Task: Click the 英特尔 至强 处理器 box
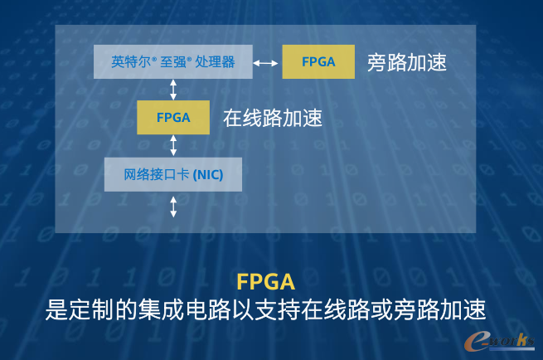tap(173, 61)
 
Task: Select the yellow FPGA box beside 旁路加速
tap(318, 61)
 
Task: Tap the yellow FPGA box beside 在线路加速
tap(173, 118)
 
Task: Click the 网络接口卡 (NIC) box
tap(173, 175)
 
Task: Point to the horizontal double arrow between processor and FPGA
tap(265, 63)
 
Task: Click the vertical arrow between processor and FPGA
tap(173, 90)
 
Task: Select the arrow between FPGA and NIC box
tap(173, 145)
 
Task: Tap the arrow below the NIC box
tap(173, 207)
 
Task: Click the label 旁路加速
tap(407, 63)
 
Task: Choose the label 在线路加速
tap(273, 118)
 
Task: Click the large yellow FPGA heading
tap(266, 282)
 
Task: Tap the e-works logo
tap(499, 341)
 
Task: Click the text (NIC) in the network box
tap(208, 175)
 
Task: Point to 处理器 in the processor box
tap(215, 62)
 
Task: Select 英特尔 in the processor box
tap(131, 62)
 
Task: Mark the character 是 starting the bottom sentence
tap(56, 309)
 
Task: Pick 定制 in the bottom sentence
tap(91, 309)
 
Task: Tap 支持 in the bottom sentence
tap(277, 309)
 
